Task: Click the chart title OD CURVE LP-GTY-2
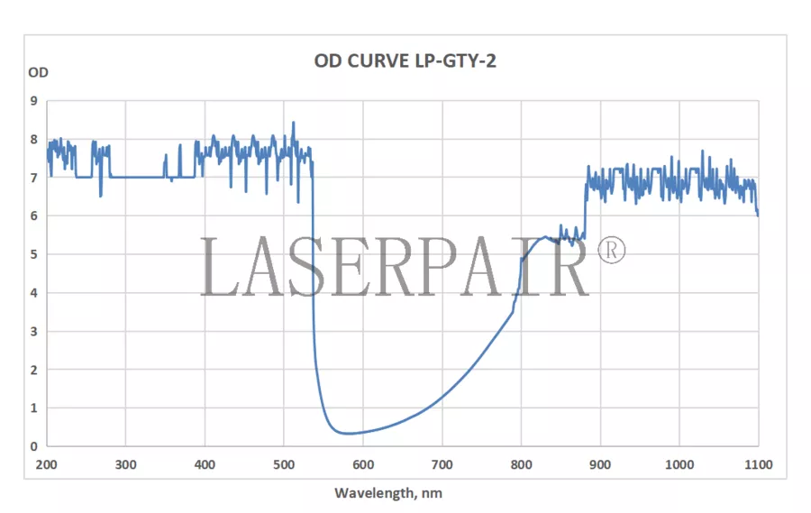[x=405, y=60]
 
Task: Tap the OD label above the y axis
[x=39, y=72]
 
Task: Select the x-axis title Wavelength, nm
[x=388, y=493]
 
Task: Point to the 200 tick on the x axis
[x=47, y=464]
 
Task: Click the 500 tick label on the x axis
[x=284, y=464]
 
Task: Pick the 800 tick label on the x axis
[x=521, y=464]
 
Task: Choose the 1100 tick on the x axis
[x=758, y=464]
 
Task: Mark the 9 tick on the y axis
[x=34, y=101]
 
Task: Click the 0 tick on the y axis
[x=34, y=446]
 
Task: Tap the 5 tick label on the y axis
[x=34, y=254]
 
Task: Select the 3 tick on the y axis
[x=34, y=331]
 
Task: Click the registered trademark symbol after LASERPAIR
[x=611, y=250]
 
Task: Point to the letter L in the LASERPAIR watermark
[x=219, y=268]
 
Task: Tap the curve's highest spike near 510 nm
[x=293, y=122]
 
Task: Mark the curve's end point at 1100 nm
[x=757, y=215]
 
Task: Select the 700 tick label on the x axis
[x=442, y=464]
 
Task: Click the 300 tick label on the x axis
[x=126, y=464]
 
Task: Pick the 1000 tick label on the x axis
[x=679, y=464]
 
